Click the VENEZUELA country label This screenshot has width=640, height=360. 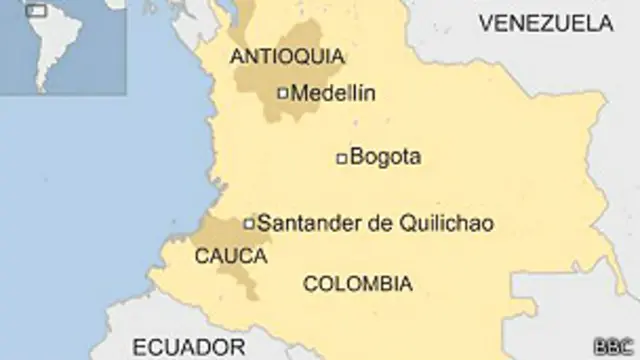(546, 22)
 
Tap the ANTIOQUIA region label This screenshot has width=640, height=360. (287, 56)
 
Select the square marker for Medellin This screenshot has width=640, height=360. (282, 94)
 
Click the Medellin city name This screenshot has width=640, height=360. (332, 94)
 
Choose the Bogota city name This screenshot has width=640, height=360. (387, 157)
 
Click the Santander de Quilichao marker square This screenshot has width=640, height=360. (249, 223)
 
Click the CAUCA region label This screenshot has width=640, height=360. (231, 256)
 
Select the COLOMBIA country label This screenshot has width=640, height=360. (357, 284)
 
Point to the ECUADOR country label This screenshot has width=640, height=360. (189, 347)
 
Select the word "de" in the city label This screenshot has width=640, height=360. (380, 223)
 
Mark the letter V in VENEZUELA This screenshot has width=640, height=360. (485, 22)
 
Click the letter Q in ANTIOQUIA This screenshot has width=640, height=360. (307, 56)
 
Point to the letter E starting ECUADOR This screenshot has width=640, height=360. (140, 347)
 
